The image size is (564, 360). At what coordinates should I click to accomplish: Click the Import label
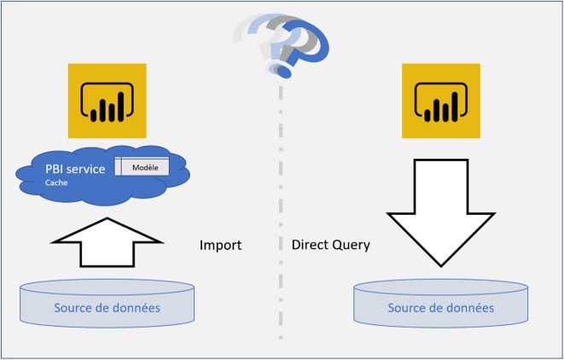(x=221, y=245)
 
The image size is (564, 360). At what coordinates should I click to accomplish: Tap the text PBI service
(x=75, y=169)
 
